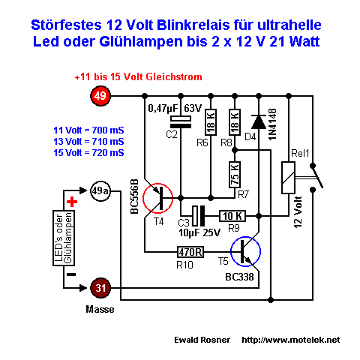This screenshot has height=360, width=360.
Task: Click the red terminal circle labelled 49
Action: coord(100,96)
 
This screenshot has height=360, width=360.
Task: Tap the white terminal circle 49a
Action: coord(100,191)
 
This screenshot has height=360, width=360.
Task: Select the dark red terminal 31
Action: coord(100,288)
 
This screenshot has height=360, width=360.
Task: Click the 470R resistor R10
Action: coord(190,252)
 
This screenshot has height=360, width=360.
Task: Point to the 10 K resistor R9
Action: coord(232,216)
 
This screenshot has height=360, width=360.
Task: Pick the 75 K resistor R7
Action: coord(235,175)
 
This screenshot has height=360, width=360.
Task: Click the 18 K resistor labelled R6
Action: coord(211,122)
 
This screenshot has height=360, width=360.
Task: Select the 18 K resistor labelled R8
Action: coord(235,122)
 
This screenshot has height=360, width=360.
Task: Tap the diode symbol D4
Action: coord(259,122)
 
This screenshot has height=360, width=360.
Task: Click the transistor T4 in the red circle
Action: coord(158,198)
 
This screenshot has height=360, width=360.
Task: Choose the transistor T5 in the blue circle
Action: coord(245,251)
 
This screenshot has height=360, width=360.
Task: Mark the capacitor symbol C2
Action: coord(181,122)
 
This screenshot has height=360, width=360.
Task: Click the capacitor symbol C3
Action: coord(198,216)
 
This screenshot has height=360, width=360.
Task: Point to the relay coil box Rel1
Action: coord(288,178)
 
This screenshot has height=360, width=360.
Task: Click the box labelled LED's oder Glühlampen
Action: coord(64,238)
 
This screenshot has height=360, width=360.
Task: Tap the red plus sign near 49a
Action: coord(72,202)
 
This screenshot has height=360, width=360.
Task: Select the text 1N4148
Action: coord(272,124)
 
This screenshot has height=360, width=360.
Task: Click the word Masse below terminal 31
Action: coord(100,310)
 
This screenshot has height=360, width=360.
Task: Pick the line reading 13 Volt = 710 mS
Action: coord(88,142)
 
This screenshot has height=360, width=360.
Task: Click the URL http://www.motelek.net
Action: coord(291,340)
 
